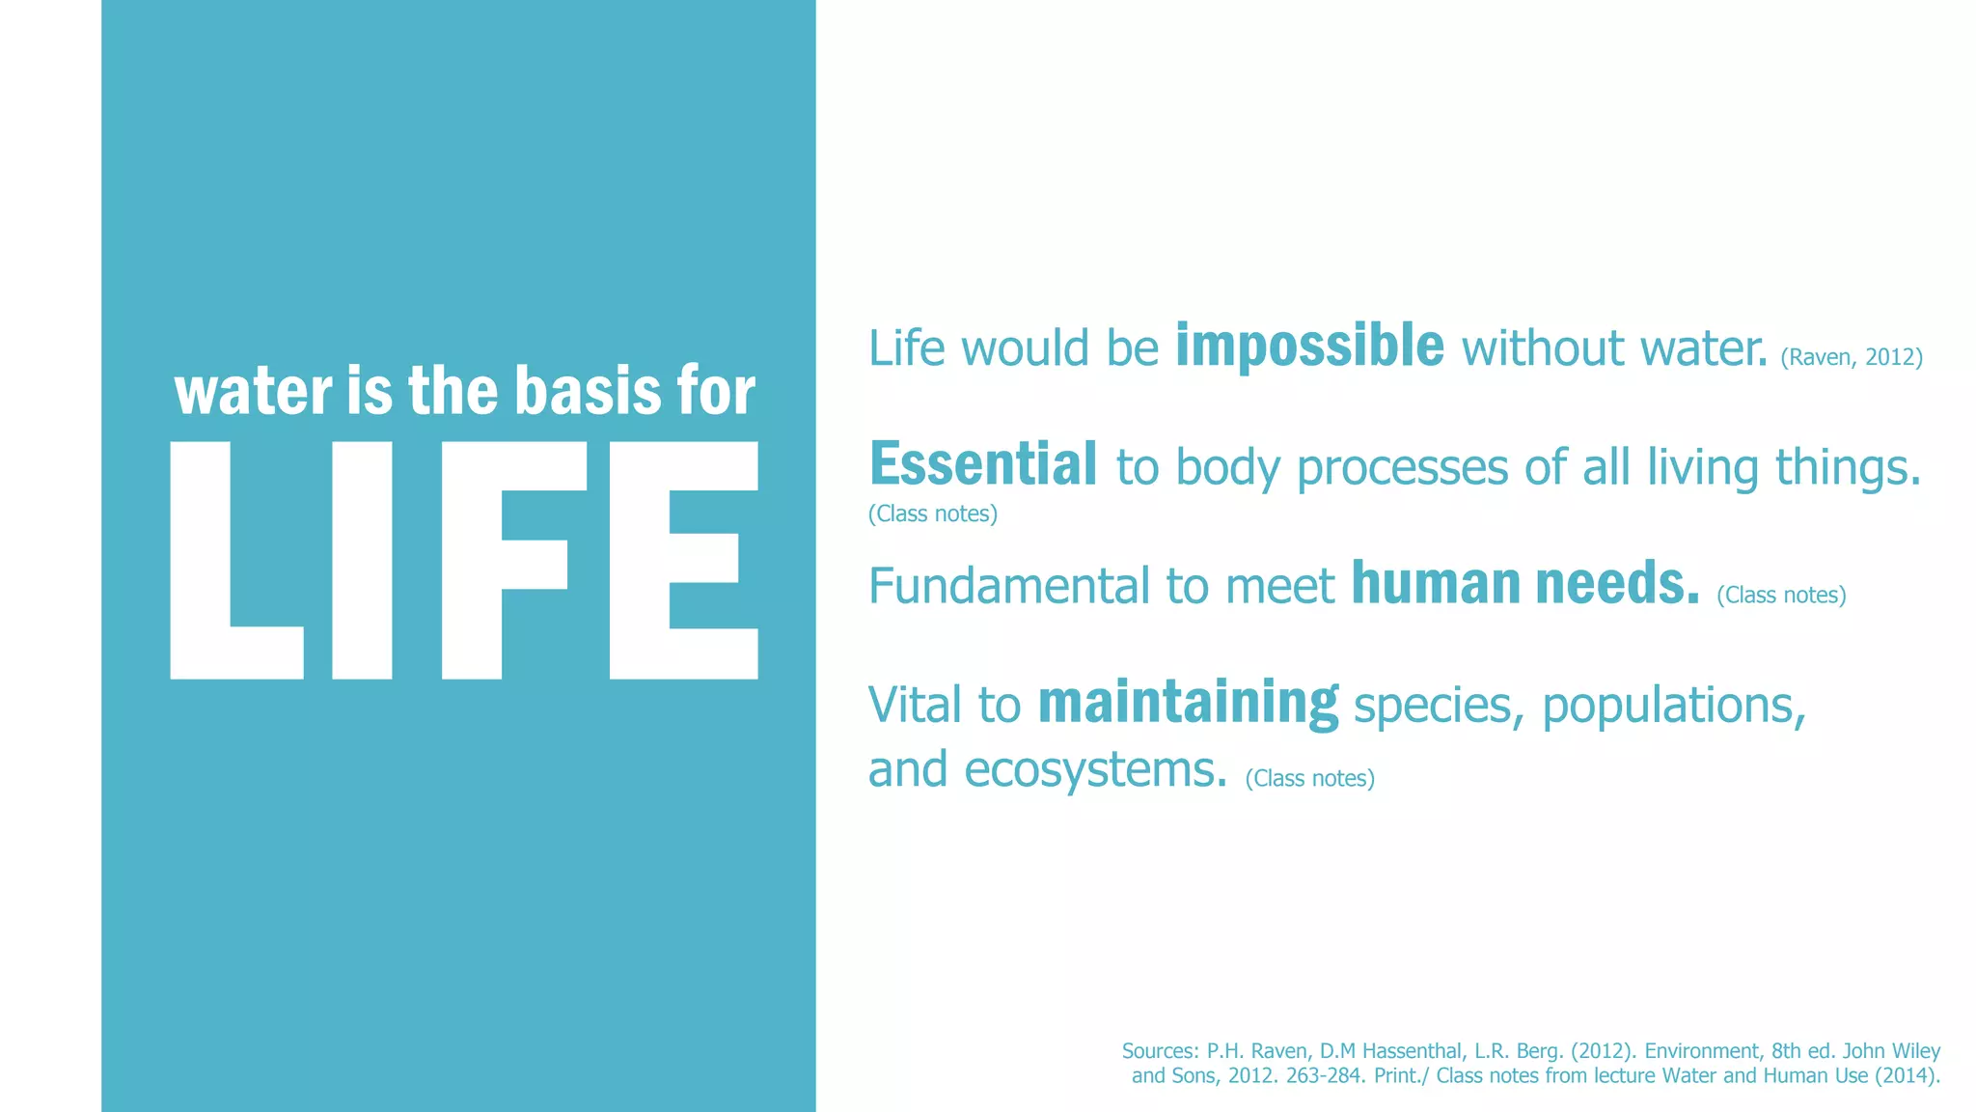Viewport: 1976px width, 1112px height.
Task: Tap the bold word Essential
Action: pyautogui.click(x=982, y=464)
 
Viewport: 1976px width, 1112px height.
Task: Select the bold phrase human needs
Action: pyautogui.click(x=1524, y=583)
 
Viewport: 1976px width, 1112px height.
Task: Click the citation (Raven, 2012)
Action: pyautogui.click(x=1851, y=357)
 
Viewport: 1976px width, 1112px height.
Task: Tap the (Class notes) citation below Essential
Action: pyautogui.click(x=932, y=514)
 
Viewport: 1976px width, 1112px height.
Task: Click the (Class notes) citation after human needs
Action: pyautogui.click(x=1780, y=595)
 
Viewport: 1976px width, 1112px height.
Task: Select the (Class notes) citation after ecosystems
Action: pyautogui.click(x=1309, y=778)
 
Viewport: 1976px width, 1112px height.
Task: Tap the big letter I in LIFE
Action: pyautogui.click(x=362, y=561)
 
